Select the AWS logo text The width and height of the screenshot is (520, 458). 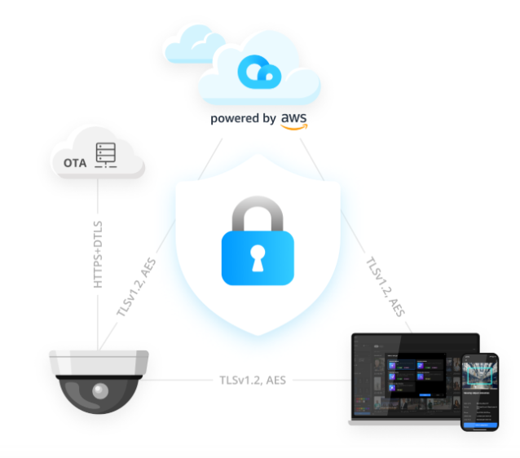tap(294, 120)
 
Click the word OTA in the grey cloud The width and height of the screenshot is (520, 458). tap(75, 162)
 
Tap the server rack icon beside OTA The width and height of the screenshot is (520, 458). tap(105, 156)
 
